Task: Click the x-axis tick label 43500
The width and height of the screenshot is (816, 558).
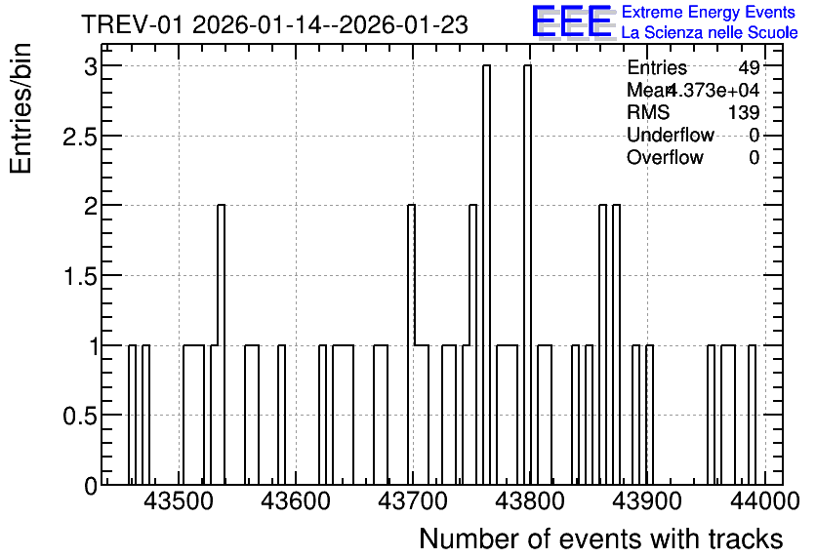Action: (178, 501)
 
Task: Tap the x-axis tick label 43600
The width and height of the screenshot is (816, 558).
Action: (296, 501)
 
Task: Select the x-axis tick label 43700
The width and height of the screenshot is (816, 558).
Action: (413, 501)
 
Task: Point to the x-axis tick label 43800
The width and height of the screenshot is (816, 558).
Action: (530, 501)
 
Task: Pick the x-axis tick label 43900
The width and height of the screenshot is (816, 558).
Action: (647, 501)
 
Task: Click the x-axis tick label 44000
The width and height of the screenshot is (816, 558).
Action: (765, 501)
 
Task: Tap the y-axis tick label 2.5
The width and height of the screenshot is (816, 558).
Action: (80, 137)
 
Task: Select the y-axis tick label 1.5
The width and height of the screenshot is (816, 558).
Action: (80, 276)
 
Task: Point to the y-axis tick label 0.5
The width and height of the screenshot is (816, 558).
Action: (80, 416)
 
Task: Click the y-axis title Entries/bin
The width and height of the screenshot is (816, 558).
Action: (21, 108)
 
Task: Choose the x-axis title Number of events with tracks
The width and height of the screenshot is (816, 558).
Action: (601, 538)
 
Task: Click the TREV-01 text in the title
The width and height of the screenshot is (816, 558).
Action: (133, 24)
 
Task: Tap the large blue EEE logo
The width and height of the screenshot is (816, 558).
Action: (572, 21)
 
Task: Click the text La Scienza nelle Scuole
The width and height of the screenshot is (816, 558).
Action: (710, 32)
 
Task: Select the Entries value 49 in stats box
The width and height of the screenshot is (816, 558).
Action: (750, 67)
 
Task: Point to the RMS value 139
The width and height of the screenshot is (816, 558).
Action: (744, 112)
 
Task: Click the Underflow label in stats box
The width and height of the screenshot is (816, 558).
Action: (671, 135)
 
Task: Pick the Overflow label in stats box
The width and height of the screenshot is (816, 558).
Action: (665, 157)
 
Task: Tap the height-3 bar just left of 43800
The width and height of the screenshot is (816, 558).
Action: (487, 275)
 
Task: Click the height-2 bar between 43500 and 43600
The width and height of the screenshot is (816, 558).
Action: (222, 344)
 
